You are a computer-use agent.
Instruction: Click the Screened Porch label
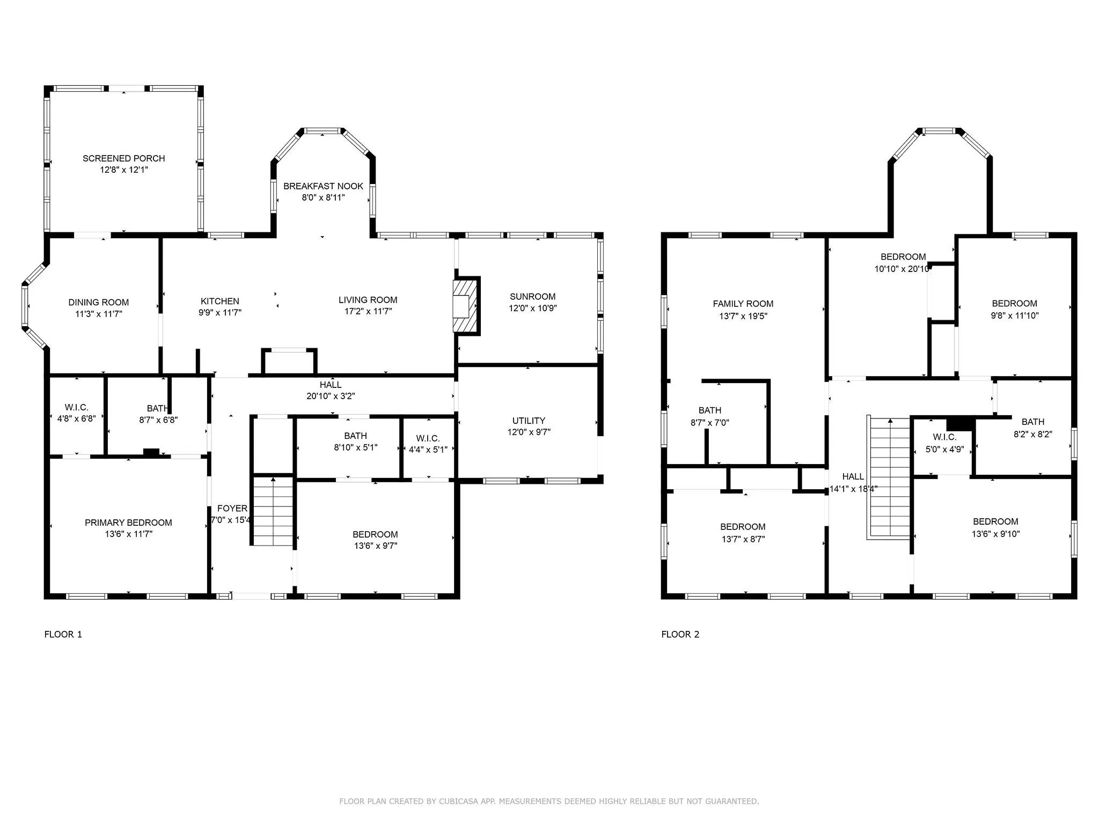point(123,158)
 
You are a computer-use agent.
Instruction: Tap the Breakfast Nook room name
point(323,186)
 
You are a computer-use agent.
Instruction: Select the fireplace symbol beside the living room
point(466,306)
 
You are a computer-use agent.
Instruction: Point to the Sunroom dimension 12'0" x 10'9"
point(532,308)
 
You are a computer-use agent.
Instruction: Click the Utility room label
point(529,421)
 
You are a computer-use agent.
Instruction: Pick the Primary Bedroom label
point(128,523)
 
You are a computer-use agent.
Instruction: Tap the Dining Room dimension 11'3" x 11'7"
point(99,314)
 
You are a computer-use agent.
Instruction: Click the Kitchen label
point(220,301)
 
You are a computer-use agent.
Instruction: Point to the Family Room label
point(743,304)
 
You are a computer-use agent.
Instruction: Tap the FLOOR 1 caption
point(63,635)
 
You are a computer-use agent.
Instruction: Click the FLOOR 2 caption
point(680,635)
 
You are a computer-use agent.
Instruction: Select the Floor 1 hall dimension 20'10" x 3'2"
point(331,396)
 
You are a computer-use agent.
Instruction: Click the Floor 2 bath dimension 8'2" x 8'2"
point(1032,435)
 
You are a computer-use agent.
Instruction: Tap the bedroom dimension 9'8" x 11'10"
point(1014,316)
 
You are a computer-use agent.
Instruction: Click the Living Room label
point(368,300)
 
